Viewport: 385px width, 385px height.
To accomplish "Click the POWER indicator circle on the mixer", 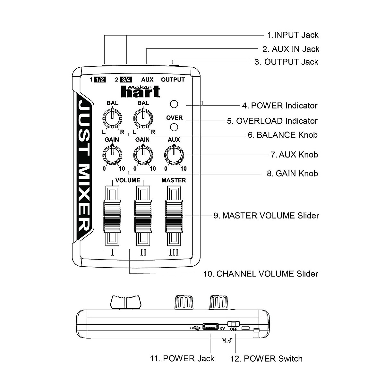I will (174, 104).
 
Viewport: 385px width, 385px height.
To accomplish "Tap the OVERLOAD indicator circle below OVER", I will (174, 127).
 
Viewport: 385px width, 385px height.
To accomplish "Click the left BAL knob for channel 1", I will (112, 118).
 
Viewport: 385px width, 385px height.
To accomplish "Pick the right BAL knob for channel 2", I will (143, 118).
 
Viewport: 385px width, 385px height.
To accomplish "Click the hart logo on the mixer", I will (141, 91).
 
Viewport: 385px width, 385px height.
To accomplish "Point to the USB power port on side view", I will (210, 327).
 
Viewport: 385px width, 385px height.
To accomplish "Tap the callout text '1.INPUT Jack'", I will (293, 35).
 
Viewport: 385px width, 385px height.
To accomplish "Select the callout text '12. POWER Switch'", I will (266, 358).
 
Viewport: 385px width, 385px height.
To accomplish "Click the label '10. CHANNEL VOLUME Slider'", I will (261, 274).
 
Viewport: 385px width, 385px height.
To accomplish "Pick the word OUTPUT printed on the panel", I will (173, 80).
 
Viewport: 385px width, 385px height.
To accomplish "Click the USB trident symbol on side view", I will (195, 328).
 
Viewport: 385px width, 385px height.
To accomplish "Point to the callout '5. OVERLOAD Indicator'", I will (272, 121).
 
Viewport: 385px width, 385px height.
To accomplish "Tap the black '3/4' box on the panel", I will (126, 80).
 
